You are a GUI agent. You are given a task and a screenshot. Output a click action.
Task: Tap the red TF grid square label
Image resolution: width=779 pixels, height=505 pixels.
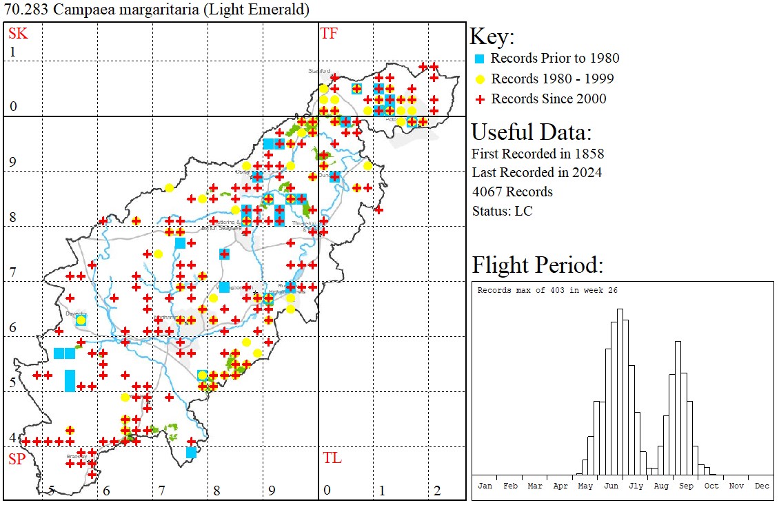click(330, 34)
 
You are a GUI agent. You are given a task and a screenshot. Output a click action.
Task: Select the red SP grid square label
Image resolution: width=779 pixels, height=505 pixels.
click(17, 459)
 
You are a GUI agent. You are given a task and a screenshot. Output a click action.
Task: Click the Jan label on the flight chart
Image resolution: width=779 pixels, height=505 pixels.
click(485, 486)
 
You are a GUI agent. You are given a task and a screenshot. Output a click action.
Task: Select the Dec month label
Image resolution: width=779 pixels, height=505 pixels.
click(762, 486)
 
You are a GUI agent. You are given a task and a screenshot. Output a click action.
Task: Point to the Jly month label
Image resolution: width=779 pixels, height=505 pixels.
click(636, 486)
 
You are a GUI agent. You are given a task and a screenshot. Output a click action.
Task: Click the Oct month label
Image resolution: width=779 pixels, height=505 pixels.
click(711, 486)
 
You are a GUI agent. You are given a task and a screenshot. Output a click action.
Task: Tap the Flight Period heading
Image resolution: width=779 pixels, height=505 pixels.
click(538, 265)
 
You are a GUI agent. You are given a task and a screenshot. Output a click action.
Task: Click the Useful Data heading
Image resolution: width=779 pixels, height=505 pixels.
click(532, 132)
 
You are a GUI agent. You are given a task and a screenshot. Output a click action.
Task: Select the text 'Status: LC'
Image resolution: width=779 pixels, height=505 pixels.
click(502, 211)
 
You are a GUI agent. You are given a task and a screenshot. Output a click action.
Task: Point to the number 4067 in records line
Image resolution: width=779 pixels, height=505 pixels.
click(488, 192)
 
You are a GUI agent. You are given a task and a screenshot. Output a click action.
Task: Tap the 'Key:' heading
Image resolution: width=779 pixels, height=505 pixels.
click(492, 37)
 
